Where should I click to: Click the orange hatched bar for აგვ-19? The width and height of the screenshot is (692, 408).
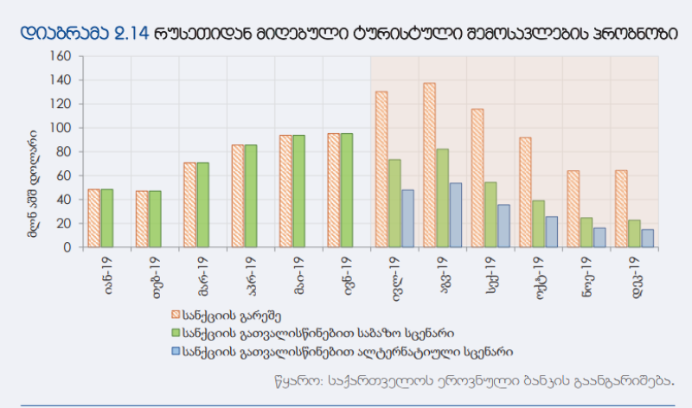(x=429, y=165)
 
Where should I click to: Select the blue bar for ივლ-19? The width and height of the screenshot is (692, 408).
(x=407, y=219)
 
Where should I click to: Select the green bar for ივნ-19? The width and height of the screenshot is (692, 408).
(x=346, y=190)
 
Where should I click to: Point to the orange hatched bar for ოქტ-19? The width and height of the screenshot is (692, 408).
(x=525, y=192)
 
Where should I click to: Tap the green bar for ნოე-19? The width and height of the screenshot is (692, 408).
(x=586, y=232)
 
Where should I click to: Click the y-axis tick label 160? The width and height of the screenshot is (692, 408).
(x=61, y=56)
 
